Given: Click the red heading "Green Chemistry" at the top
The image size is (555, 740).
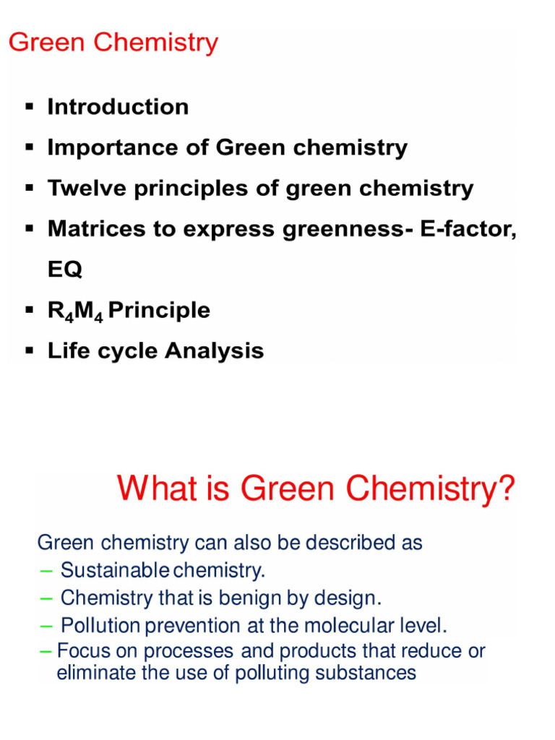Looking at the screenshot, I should pos(113,43).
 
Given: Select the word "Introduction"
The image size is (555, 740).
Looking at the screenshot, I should pos(118,107).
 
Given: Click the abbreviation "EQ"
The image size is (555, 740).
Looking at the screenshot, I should pos(65,270).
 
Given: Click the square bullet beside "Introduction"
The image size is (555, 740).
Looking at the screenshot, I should pos(30,107).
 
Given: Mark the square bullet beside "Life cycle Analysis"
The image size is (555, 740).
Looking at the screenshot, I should pos(30,351).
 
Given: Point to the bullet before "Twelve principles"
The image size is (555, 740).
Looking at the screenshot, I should pos(30,189).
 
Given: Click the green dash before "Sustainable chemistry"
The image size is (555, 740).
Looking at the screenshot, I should pos(47,571).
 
